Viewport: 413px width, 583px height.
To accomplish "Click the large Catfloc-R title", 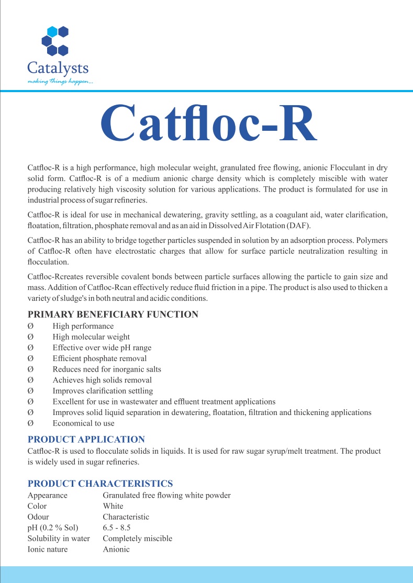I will point(208,124).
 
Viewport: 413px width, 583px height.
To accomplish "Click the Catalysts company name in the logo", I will point(58,68).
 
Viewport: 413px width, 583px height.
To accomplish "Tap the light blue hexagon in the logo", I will point(52,31).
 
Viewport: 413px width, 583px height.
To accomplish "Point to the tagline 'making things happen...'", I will point(60,82).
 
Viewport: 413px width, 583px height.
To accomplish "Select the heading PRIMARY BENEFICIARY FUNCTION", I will point(113,315).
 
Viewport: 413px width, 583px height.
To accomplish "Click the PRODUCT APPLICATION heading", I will point(86,439).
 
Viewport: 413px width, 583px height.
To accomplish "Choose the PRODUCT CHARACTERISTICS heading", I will point(100,484).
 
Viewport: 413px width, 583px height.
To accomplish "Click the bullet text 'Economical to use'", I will point(83,423).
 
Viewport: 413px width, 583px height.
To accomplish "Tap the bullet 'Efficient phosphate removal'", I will point(99,358).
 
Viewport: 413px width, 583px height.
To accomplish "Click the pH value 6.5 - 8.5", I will point(117,528).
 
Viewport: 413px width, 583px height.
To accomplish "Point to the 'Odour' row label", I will point(39,517).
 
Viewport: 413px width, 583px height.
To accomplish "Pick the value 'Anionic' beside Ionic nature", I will point(116,550).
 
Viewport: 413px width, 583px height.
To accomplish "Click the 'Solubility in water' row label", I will point(59,539).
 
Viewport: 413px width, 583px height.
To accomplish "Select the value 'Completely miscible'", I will point(137,539).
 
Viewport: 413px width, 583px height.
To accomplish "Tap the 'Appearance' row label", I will point(47,495).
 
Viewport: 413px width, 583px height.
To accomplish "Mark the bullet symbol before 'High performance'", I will point(30,326).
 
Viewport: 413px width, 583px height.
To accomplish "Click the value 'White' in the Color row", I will point(113,506).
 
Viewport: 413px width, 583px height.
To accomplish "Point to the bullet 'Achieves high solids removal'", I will point(102,380).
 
